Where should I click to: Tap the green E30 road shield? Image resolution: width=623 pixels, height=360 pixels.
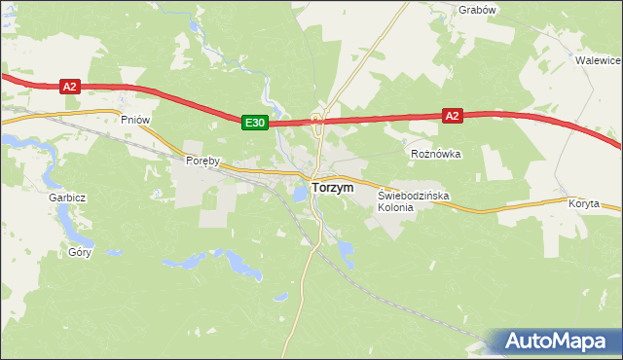(255, 122)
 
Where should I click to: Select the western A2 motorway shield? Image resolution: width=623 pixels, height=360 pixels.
(68, 87)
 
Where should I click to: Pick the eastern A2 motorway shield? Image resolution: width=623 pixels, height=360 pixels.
(451, 115)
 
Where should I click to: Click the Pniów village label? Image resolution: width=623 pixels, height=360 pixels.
(134, 119)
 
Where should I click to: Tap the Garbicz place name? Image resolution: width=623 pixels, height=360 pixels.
(68, 197)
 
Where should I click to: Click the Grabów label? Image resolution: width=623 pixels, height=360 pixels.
(477, 10)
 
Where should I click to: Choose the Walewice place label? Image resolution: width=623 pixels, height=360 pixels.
(598, 59)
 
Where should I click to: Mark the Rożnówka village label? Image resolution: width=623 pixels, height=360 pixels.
(435, 154)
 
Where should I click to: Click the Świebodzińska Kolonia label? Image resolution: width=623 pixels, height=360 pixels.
(413, 201)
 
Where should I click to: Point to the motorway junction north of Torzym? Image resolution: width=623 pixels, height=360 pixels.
(318, 121)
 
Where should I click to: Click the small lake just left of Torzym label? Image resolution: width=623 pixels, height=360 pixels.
(300, 193)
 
